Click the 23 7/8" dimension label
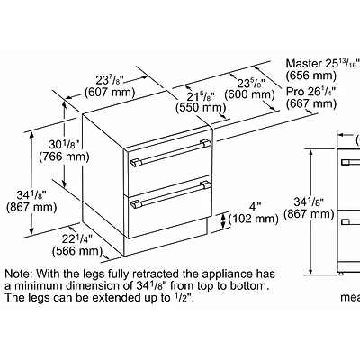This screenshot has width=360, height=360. pos(111,80)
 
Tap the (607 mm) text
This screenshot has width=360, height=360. pos(110,92)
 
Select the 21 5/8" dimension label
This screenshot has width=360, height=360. pos(201,96)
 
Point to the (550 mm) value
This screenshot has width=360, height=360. pos(201,108)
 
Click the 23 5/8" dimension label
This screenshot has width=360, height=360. pos(251,83)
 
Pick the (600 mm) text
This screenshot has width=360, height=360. pos(249,94)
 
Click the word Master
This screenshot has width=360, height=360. pos(304,64)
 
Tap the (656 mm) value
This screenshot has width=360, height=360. pos(311,76)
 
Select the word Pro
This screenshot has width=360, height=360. pos(295,92)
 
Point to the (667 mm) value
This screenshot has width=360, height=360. pos(311,103)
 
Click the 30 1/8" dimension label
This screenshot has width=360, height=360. pos(64,145)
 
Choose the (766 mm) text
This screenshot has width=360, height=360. pos(65,157)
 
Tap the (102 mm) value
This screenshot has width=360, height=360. pos(254,219)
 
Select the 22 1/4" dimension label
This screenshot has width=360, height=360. pos(77,239)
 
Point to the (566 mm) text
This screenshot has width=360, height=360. pos(77,251)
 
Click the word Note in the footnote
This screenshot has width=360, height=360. pos(18,274)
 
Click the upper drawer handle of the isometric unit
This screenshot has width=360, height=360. pos(171,153)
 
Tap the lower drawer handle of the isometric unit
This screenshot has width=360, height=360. pos(171,194)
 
